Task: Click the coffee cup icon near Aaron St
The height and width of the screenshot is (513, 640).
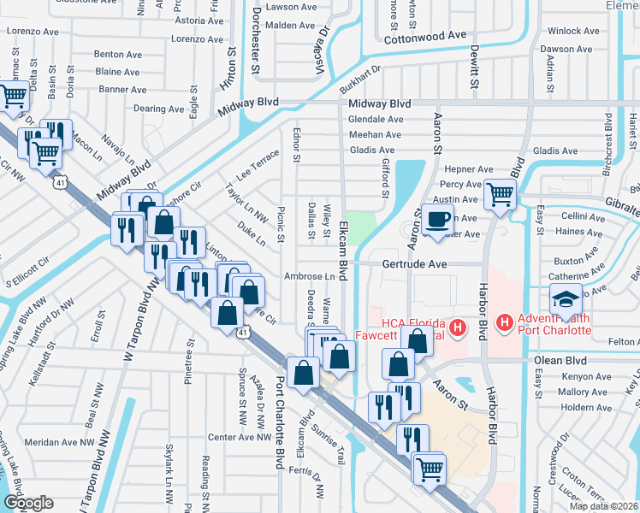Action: coord(438,219)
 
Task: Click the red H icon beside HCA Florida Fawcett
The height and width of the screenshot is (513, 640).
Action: coord(459,327)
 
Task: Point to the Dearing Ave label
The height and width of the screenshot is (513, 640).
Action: coord(159,109)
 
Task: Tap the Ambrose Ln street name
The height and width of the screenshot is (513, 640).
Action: coord(310,277)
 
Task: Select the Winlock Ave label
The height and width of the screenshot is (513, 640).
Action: coord(573,31)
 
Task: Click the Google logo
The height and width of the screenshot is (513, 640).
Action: coord(28,502)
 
